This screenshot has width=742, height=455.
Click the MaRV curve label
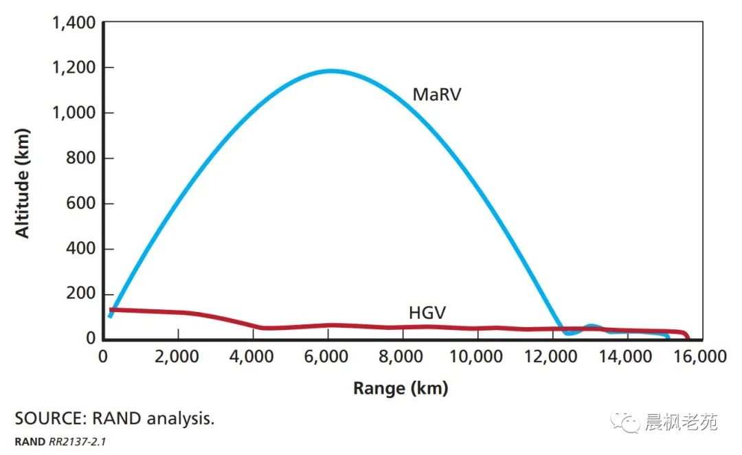pos(436,94)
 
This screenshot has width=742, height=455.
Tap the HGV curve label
pos(427,313)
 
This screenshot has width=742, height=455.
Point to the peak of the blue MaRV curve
pos(331,70)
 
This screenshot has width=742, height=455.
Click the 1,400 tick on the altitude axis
pos(74,23)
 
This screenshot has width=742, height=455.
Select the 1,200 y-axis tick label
pos(74,68)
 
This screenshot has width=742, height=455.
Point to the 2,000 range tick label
pos(178,357)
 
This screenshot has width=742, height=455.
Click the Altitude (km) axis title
pos(23,182)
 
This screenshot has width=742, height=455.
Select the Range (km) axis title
pos(401,388)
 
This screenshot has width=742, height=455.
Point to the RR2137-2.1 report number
pos(77,441)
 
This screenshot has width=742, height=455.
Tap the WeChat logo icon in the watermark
pos(625,421)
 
